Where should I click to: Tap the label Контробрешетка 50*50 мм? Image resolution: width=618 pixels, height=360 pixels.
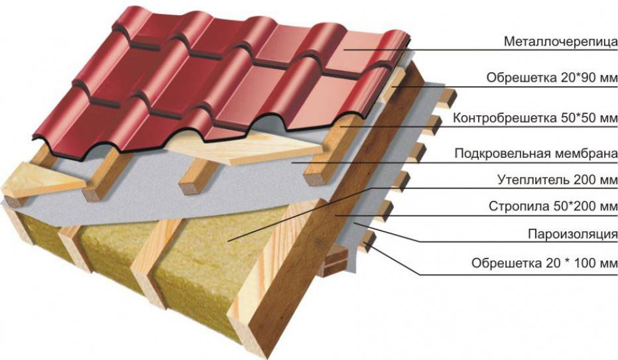point(536,119)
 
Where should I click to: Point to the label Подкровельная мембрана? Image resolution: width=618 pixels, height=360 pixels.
point(536,154)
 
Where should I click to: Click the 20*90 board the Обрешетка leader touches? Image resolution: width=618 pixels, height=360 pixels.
point(396,87)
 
